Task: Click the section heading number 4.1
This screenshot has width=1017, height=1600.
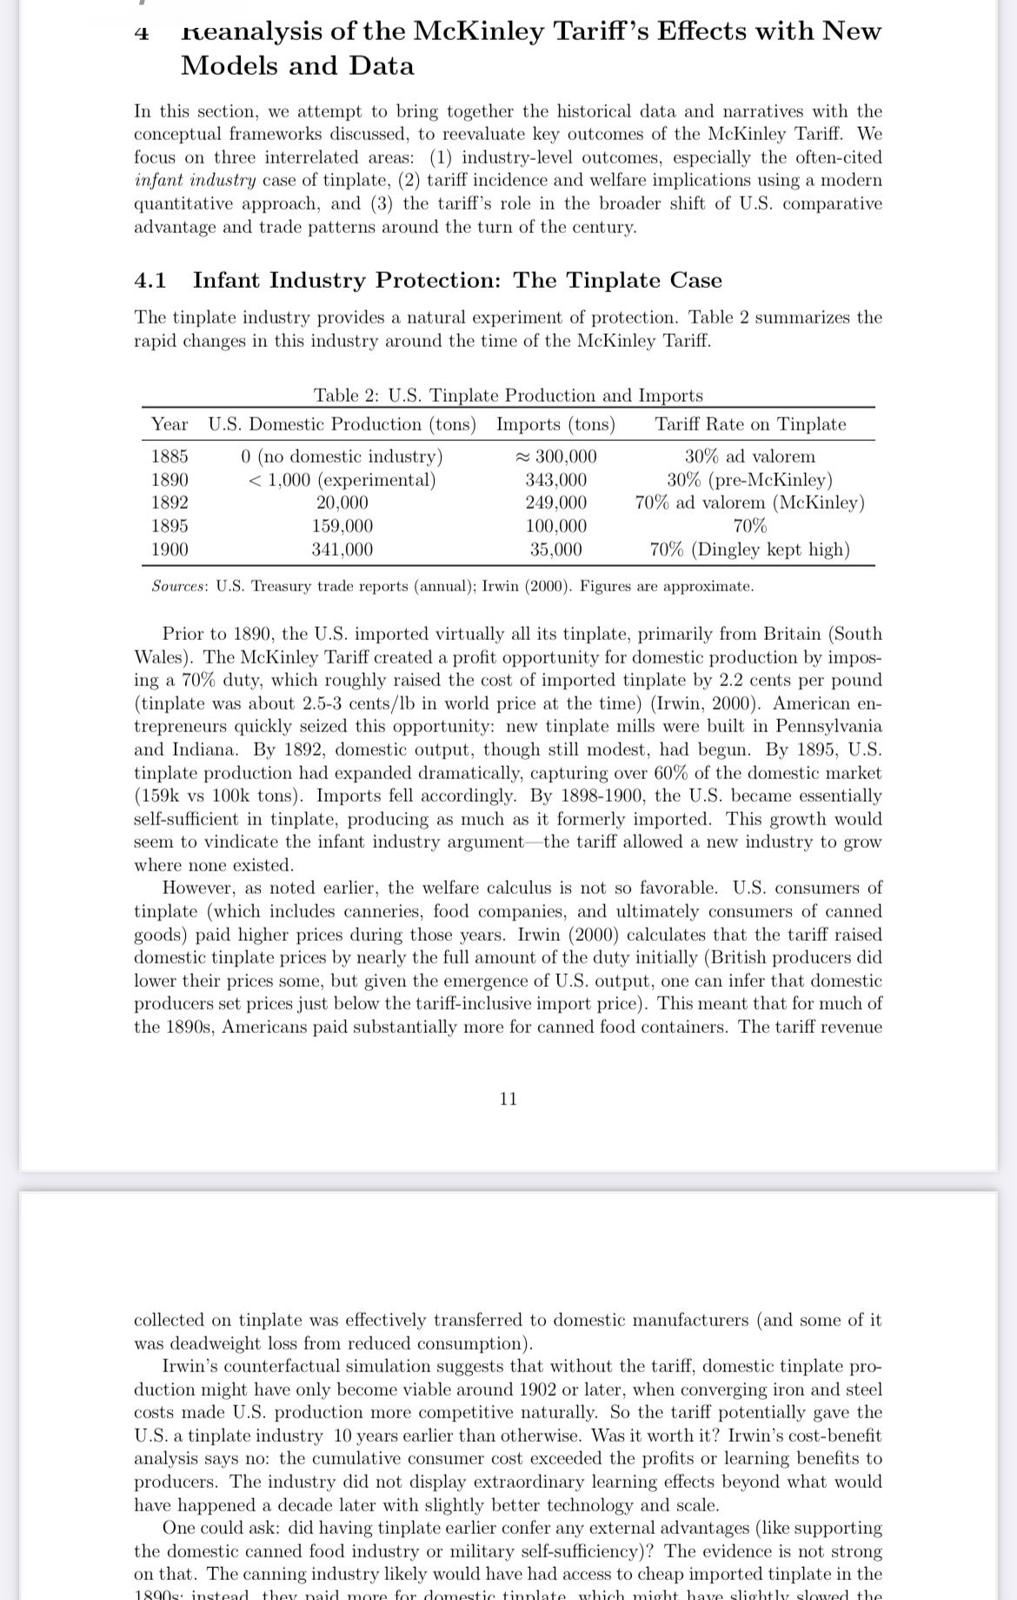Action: (150, 281)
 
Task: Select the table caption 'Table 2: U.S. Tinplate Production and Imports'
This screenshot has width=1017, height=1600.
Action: (508, 396)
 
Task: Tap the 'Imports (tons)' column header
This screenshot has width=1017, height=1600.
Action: (555, 424)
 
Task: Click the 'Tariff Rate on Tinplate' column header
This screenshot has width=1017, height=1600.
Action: (750, 424)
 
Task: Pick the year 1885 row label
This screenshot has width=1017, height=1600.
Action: (169, 457)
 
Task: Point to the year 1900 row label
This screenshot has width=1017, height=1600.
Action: (169, 550)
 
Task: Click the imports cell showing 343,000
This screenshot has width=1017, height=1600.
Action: (555, 480)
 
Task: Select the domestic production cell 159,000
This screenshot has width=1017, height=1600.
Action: (342, 526)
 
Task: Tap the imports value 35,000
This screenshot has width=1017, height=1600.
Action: (555, 550)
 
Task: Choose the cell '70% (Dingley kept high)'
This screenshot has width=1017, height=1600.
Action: (750, 550)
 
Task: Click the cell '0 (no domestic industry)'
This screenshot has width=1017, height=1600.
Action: (342, 457)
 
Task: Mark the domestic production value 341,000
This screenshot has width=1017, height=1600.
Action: (342, 550)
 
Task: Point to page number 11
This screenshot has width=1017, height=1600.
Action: (508, 1099)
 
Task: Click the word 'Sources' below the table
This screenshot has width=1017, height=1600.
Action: (178, 587)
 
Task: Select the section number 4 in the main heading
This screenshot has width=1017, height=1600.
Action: (142, 33)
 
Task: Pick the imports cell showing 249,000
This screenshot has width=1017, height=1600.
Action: (555, 503)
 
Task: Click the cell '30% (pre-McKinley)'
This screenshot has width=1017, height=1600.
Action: (750, 480)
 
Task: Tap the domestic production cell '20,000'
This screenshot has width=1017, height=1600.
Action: (342, 503)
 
